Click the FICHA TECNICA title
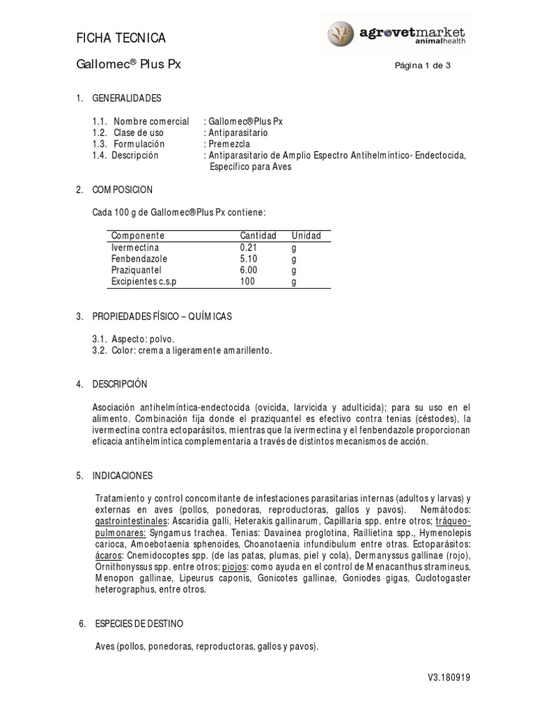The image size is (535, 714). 121,38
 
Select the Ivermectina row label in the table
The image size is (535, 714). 135,248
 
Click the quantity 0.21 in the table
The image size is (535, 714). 249,248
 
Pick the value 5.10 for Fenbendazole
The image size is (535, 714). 249,259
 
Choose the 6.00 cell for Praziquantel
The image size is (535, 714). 249,271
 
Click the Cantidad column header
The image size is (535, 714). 258,236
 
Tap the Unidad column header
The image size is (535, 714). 306,236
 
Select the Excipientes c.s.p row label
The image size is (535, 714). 145,282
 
